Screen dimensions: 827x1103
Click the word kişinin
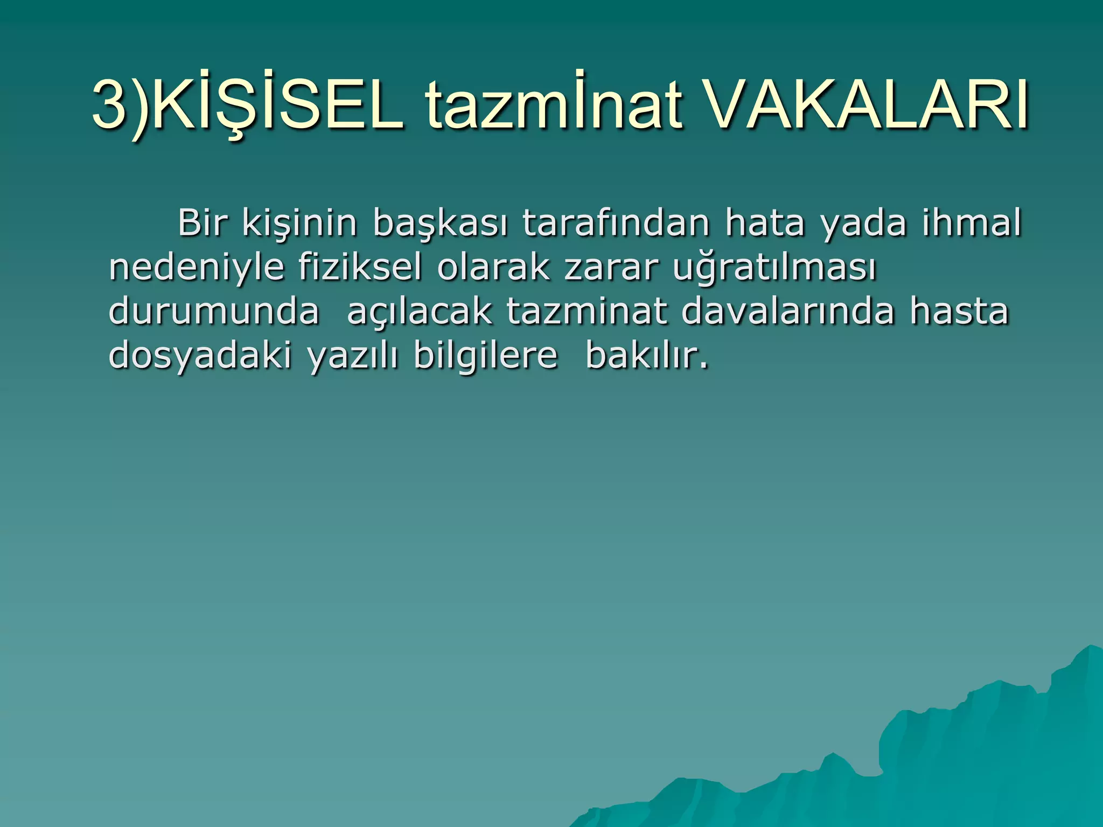[x=299, y=223]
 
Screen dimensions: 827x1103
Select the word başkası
[x=440, y=223]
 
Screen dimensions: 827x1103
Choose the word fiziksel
[x=360, y=268]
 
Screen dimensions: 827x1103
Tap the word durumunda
[x=214, y=311]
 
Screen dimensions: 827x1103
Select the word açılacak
[x=420, y=312]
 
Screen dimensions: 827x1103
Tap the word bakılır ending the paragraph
[x=646, y=356]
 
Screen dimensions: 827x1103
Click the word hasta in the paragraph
[x=959, y=311]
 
